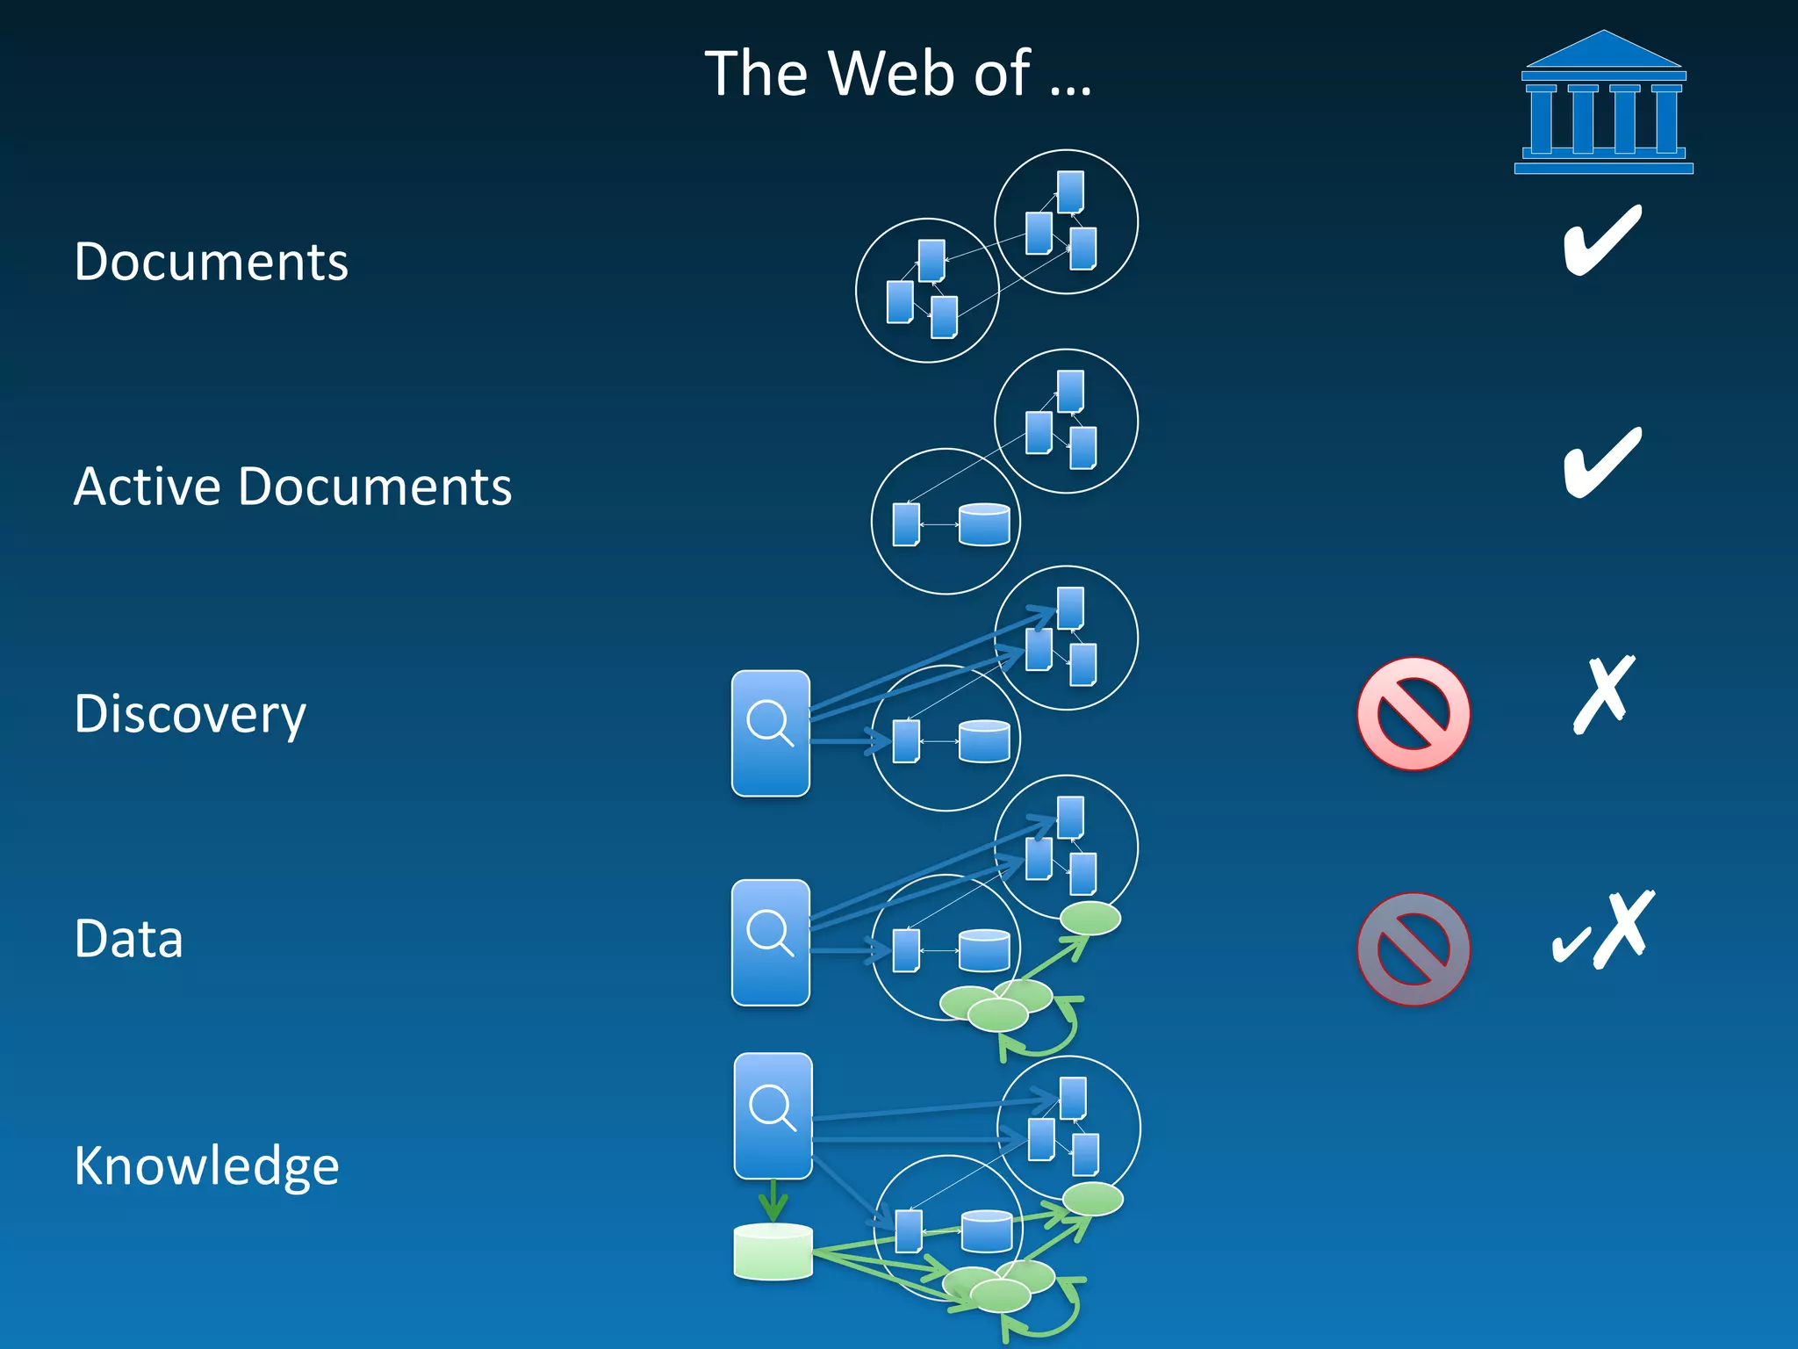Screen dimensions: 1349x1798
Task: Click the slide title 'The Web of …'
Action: [x=897, y=73]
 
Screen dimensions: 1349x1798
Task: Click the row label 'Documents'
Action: [x=211, y=262]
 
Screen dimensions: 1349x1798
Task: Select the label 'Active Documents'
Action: [x=292, y=487]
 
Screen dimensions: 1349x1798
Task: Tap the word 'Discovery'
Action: [x=190, y=714]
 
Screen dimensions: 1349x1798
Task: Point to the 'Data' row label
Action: [x=128, y=939]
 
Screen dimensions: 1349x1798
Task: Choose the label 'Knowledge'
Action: [x=206, y=1165]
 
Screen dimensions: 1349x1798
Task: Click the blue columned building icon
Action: [x=1603, y=104]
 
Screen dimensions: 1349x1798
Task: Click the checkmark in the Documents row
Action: [x=1602, y=240]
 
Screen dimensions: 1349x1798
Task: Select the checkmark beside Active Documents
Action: [x=1602, y=462]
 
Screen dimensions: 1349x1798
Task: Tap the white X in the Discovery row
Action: [x=1604, y=694]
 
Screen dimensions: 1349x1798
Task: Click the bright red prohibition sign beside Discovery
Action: [x=1413, y=713]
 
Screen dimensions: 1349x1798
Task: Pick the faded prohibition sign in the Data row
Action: [x=1413, y=949]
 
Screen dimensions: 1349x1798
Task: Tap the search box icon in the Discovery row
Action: [x=771, y=733]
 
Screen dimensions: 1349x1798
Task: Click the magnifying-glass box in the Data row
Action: [x=771, y=942]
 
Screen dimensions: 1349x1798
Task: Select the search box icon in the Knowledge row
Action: [x=773, y=1115]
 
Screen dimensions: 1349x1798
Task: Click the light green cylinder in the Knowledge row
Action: [x=773, y=1251]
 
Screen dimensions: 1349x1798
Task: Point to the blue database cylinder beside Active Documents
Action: [x=984, y=524]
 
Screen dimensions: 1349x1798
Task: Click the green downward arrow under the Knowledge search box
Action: [x=773, y=1200]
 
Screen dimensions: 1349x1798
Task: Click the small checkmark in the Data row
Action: [x=1570, y=946]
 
